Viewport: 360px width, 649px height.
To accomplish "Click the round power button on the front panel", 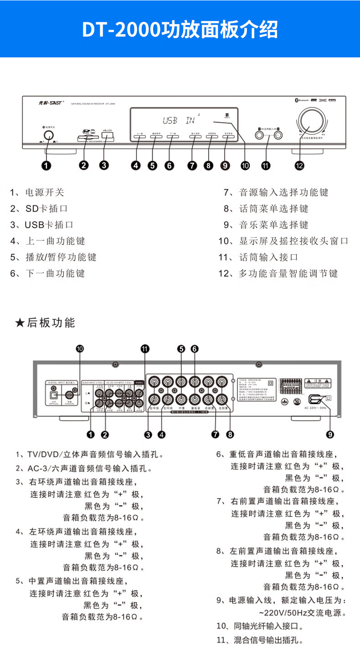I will [x=48, y=135].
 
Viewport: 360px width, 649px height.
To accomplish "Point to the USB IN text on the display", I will [x=178, y=121].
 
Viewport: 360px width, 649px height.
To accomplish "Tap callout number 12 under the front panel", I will [x=299, y=166].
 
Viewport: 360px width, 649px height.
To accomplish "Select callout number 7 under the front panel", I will [x=192, y=166].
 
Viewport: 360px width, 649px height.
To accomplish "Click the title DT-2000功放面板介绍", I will [x=180, y=30].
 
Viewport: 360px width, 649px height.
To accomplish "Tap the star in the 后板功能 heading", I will [x=19, y=323].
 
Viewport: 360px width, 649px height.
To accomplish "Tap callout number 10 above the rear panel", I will [x=80, y=349].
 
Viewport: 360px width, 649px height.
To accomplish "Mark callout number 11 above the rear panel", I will [x=145, y=349].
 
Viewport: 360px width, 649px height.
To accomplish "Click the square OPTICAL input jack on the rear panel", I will [x=53, y=395].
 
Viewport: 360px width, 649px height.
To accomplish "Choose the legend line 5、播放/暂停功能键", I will [x=53, y=257].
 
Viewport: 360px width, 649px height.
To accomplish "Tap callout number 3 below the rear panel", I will [x=148, y=434].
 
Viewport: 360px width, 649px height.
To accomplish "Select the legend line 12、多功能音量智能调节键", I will [x=278, y=274].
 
